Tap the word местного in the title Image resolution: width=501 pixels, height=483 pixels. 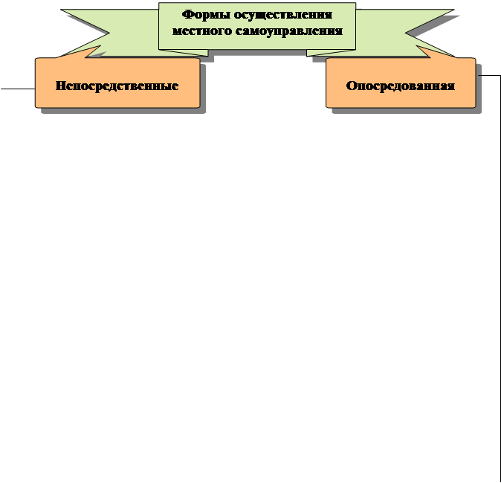pyautogui.click(x=198, y=31)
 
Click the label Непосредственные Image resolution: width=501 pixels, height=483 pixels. pyautogui.click(x=117, y=86)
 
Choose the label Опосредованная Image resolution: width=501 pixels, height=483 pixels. pyautogui.click(x=400, y=86)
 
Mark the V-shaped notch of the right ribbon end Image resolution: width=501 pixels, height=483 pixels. pyautogui.click(x=406, y=32)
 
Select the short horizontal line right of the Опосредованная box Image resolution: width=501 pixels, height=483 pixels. pyautogui.click(x=489, y=75)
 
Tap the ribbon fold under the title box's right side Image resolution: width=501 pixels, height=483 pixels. pyautogui.click(x=332, y=52)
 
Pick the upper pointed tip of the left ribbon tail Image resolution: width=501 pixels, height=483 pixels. pyautogui.click(x=61, y=10)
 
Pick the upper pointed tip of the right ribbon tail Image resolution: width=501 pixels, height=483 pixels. pyautogui.click(x=454, y=10)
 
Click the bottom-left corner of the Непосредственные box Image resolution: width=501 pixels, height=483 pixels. pyautogui.click(x=36, y=107)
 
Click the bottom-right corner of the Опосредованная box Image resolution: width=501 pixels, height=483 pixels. pyautogui.click(x=475, y=107)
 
